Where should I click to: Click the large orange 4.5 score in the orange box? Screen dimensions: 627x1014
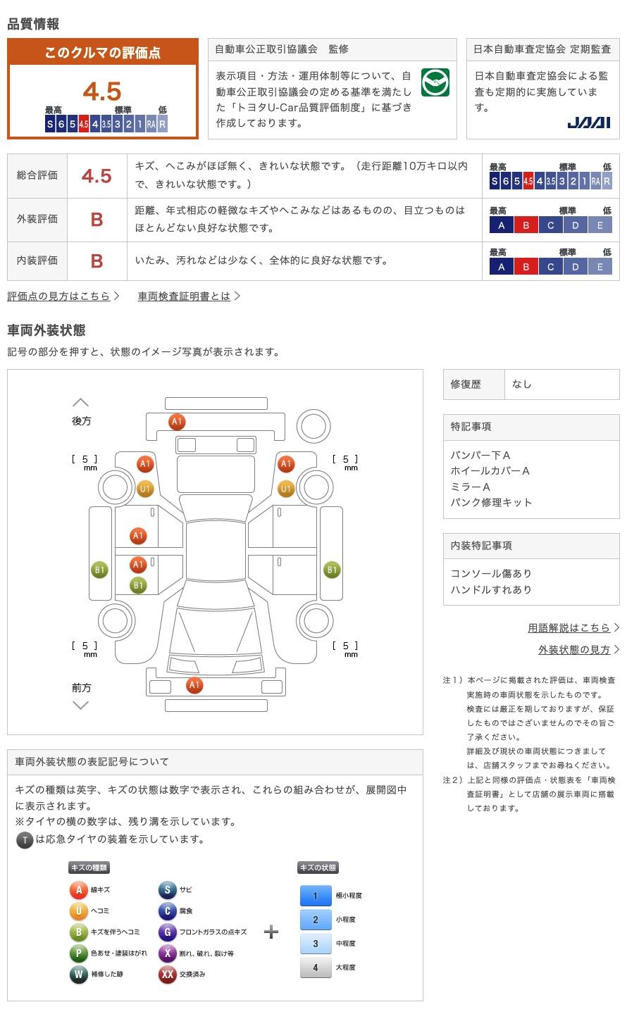click(102, 91)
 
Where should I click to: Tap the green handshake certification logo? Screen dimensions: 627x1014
click(435, 82)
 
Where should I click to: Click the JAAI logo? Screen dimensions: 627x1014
click(588, 123)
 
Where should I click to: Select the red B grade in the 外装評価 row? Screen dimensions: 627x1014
click(97, 220)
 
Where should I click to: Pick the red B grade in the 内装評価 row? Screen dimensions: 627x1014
click(97, 261)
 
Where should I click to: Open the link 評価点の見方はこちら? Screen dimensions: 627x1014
click(58, 296)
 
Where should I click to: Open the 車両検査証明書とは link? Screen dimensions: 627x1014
click(184, 296)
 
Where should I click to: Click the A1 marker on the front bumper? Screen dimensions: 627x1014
click(194, 685)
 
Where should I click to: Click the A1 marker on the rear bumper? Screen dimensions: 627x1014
click(177, 421)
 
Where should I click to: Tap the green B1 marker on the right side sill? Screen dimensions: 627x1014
click(332, 570)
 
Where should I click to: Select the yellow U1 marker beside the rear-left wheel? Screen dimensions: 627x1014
click(145, 489)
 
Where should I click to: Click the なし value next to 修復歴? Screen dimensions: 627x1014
click(521, 384)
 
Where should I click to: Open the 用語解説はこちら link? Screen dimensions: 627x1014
click(569, 627)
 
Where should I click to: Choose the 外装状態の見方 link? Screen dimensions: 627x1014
click(574, 649)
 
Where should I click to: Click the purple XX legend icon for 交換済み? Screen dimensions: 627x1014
click(167, 974)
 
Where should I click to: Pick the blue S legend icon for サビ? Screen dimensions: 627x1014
click(167, 889)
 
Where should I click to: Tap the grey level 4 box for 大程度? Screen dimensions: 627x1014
click(316, 968)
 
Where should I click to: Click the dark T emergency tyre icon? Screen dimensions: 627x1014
click(25, 840)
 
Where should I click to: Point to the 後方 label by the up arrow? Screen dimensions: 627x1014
click(82, 421)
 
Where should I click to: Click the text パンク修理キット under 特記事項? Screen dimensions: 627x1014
click(491, 503)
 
